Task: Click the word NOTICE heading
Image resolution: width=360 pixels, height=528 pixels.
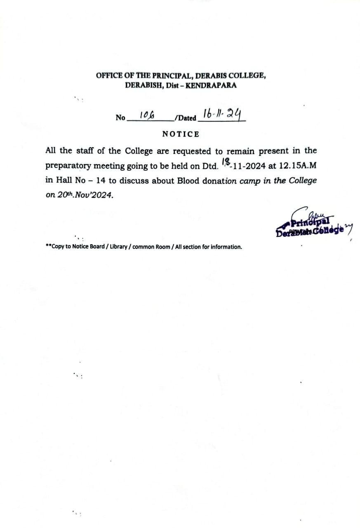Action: tap(180, 134)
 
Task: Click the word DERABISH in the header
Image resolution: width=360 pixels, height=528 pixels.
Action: tap(141, 86)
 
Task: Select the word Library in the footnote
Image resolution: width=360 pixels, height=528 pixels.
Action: tap(119, 247)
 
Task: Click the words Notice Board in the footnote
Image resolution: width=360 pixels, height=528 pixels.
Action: tap(88, 247)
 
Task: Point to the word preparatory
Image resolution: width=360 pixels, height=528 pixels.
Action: tap(68, 166)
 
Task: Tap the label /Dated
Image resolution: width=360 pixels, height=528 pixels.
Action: tap(186, 118)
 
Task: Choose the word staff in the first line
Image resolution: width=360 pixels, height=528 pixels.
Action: tap(85, 151)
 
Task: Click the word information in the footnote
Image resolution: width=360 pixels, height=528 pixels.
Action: tap(226, 247)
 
